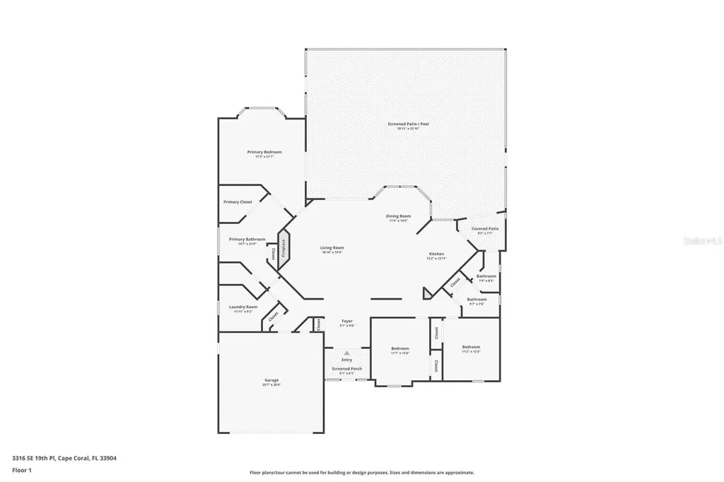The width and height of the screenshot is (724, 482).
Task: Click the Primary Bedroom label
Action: (264, 153)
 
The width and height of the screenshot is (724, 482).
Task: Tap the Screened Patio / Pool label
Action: (408, 124)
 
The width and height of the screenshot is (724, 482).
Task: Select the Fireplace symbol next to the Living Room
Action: (284, 250)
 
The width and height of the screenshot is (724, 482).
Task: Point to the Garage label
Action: (271, 381)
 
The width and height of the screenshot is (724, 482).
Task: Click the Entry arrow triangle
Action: (346, 353)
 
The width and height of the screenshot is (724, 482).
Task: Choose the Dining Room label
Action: (398, 216)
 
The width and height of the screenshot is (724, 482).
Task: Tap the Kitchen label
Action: (436, 254)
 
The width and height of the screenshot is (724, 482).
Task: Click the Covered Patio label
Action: (485, 229)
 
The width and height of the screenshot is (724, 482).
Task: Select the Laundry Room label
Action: (243, 307)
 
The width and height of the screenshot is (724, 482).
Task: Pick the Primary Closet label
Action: (238, 202)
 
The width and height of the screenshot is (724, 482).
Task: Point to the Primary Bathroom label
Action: (247, 240)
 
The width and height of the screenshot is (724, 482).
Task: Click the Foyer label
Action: (346, 322)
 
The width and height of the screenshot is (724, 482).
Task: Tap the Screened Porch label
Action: (346, 369)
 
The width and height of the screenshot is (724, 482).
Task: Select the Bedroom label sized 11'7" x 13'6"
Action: (400, 348)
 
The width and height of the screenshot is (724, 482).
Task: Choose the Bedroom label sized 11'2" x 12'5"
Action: (471, 347)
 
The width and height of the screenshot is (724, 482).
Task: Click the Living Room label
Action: (332, 248)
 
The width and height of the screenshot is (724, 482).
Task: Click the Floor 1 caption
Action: (22, 469)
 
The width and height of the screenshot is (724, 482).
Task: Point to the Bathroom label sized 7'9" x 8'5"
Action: (486, 276)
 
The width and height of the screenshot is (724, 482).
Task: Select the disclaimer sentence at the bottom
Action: (361, 473)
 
